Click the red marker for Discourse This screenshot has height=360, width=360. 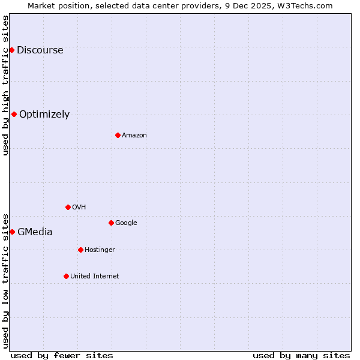(11, 50)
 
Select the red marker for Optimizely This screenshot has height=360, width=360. (14, 114)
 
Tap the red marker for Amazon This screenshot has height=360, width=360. (118, 135)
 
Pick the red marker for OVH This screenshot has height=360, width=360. (68, 207)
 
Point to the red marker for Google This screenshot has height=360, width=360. (111, 223)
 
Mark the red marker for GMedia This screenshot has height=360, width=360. (12, 232)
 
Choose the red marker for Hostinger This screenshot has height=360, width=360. (80, 250)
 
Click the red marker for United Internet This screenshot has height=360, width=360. (66, 276)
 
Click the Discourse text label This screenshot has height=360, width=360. (40, 50)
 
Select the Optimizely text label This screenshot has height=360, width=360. (44, 115)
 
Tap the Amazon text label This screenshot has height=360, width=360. (134, 136)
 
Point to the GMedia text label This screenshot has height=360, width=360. (35, 232)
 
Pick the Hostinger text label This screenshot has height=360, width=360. (100, 250)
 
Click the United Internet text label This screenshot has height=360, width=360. (94, 277)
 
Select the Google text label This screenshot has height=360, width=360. (126, 223)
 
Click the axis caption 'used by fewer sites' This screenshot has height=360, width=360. (62, 356)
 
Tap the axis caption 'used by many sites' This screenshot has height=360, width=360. (301, 356)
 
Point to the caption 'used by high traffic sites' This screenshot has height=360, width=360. (6, 85)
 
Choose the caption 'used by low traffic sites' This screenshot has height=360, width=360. (6, 280)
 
